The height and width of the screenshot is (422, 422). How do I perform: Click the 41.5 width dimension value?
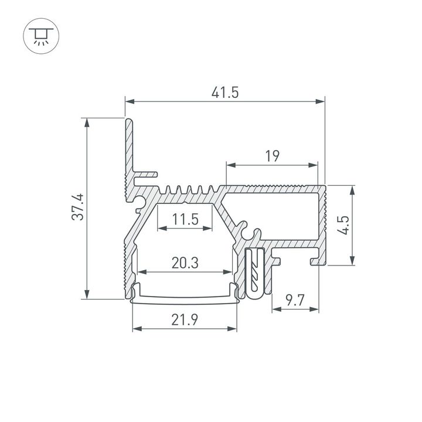(x=224, y=92)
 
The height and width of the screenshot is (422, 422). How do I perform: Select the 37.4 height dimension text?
(x=79, y=207)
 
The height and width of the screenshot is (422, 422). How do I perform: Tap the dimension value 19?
(x=271, y=156)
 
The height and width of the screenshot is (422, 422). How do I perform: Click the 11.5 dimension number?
(x=185, y=220)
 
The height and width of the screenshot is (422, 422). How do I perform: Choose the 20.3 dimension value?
(x=185, y=263)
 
